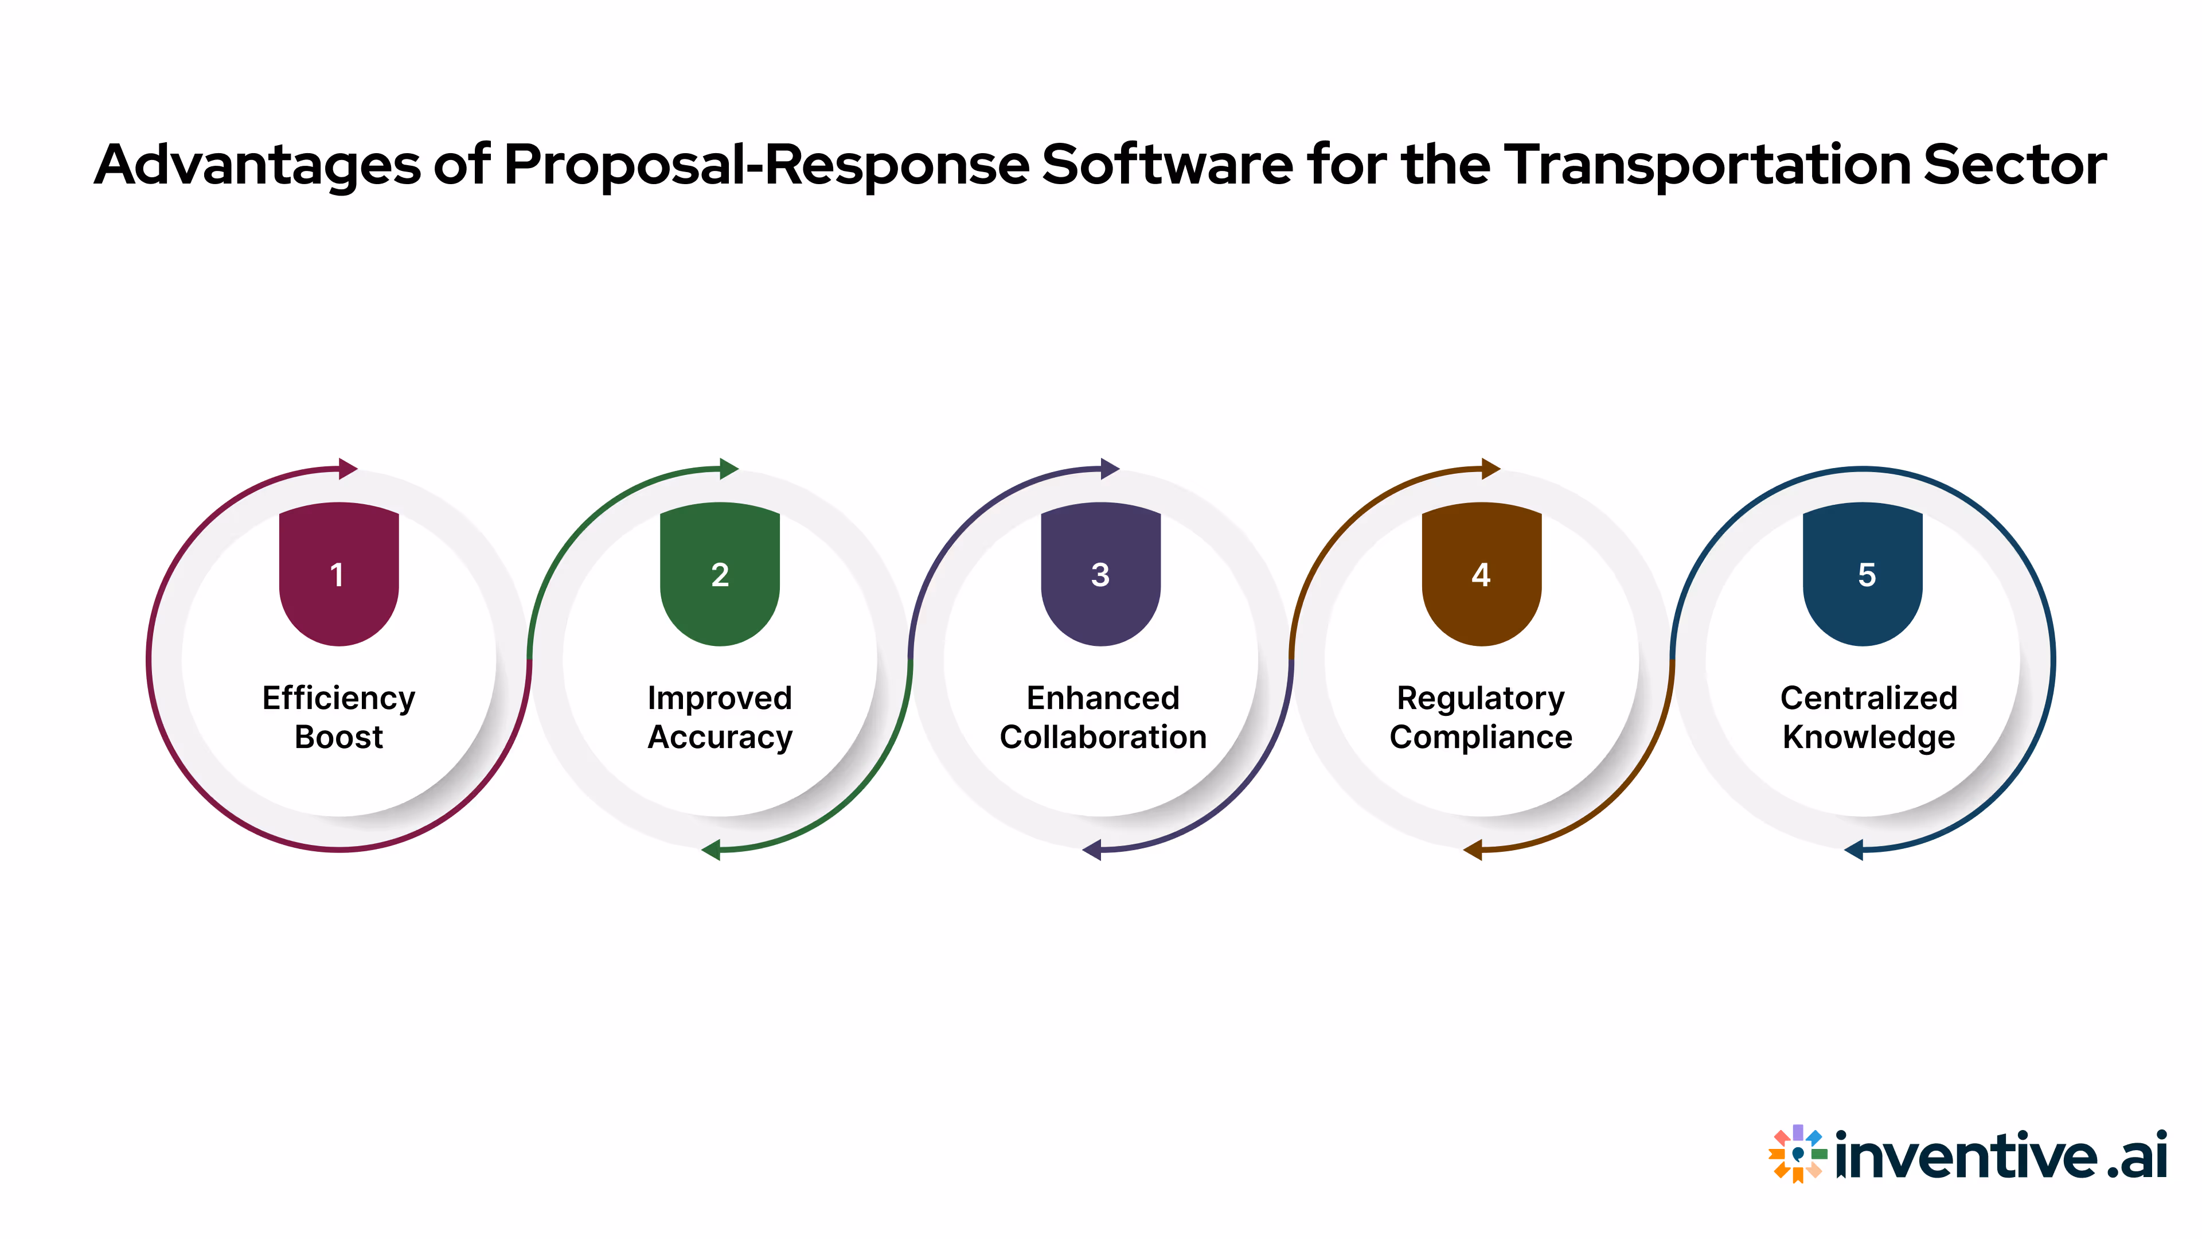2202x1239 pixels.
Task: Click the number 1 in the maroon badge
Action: (338, 575)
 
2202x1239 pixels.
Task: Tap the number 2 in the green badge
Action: (720, 575)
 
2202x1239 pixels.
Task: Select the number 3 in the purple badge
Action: (1100, 575)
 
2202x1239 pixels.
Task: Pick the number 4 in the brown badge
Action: (1481, 575)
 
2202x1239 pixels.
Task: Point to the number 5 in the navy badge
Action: (1866, 575)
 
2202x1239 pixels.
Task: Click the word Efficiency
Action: (338, 699)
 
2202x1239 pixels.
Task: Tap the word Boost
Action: (338, 737)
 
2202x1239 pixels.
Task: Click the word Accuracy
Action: (720, 737)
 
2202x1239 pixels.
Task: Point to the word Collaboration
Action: (1103, 737)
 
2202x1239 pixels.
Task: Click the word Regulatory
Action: (1481, 699)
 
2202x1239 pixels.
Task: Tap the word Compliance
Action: (1481, 737)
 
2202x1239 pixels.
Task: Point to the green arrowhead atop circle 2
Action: (728, 469)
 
